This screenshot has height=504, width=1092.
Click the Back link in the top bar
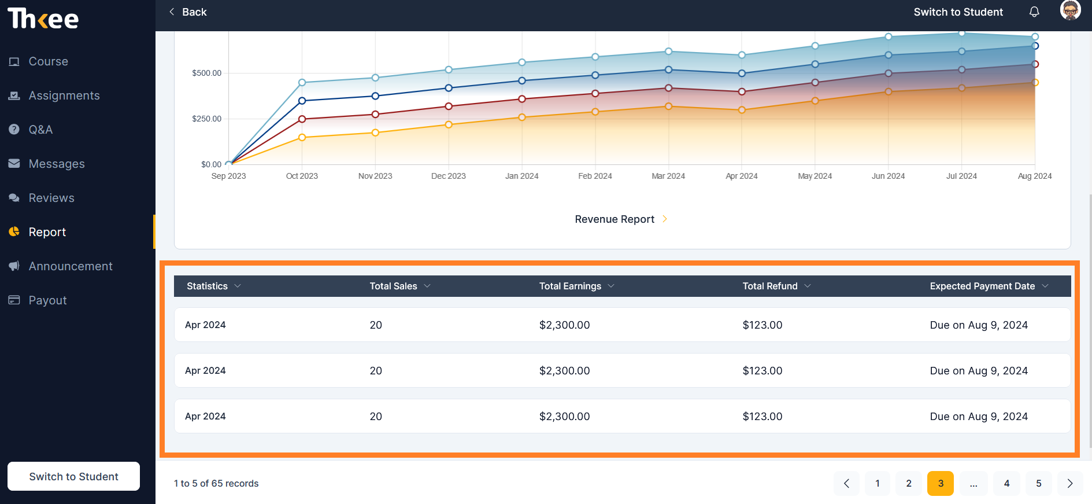[188, 12]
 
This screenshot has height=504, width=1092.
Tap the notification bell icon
[1034, 12]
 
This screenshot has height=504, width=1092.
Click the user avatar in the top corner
[1070, 10]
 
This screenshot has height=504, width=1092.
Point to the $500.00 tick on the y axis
[206, 73]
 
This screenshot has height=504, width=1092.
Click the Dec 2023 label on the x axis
[449, 176]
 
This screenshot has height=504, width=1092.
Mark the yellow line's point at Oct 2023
[302, 138]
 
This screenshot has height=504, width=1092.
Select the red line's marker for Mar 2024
[668, 88]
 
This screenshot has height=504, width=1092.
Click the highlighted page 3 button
[941, 483]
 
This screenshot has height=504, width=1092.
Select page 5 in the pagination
[1039, 483]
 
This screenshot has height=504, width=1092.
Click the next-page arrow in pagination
[1070, 483]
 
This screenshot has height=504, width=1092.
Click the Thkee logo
[43, 19]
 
